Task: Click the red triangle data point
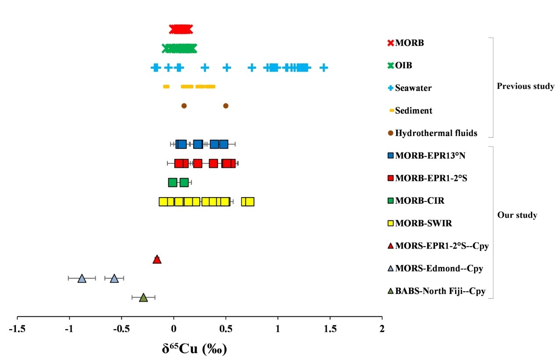pyautogui.click(x=157, y=260)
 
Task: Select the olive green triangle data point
pyautogui.click(x=143, y=298)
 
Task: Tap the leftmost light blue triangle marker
pyautogui.click(x=82, y=279)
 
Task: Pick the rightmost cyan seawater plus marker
pyautogui.click(x=323, y=67)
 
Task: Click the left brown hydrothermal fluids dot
pyautogui.click(x=184, y=106)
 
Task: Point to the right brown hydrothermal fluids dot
pyautogui.click(x=226, y=106)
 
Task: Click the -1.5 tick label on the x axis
pyautogui.click(x=17, y=328)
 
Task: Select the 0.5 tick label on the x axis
pyautogui.click(x=226, y=328)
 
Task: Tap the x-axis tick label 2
pyautogui.click(x=382, y=328)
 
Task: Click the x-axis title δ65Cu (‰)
pyautogui.click(x=194, y=349)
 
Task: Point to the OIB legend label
pyautogui.click(x=403, y=65)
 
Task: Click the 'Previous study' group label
pyautogui.click(x=525, y=86)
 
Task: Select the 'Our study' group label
pyautogui.click(x=517, y=215)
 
